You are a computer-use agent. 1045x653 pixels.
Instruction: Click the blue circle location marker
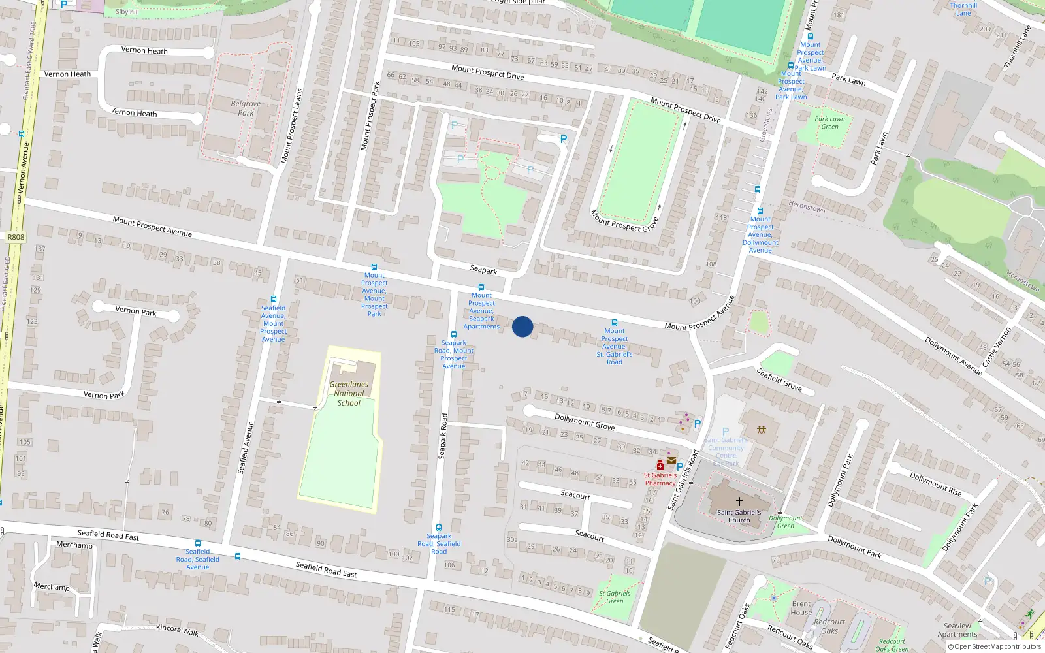[x=522, y=326]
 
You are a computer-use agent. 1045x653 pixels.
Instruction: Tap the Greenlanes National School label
[x=349, y=394]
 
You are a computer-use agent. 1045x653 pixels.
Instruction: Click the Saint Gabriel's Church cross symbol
[x=739, y=502]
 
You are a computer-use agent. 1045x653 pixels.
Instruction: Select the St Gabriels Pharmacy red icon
[x=660, y=466]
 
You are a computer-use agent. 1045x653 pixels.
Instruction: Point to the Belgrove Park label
[x=246, y=108]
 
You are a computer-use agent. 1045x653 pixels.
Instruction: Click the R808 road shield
[x=16, y=238]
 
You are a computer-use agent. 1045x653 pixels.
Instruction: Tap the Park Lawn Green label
[x=829, y=123]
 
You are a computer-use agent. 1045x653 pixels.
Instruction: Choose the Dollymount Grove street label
[x=585, y=422]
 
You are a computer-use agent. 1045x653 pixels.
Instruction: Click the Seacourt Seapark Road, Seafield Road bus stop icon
[x=439, y=527]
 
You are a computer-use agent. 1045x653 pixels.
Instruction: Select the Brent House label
[x=801, y=608]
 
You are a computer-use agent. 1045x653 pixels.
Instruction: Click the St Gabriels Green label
[x=615, y=597]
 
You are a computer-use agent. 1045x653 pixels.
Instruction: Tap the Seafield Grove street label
[x=779, y=379]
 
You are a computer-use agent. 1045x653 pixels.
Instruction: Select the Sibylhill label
[x=127, y=12]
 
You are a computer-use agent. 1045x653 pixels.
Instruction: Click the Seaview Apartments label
[x=957, y=630]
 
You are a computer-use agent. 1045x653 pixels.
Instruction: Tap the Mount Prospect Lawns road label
[x=292, y=126]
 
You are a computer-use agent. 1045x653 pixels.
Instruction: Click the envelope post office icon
[x=671, y=460]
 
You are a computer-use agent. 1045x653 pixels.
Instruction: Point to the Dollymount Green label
[x=786, y=522]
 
